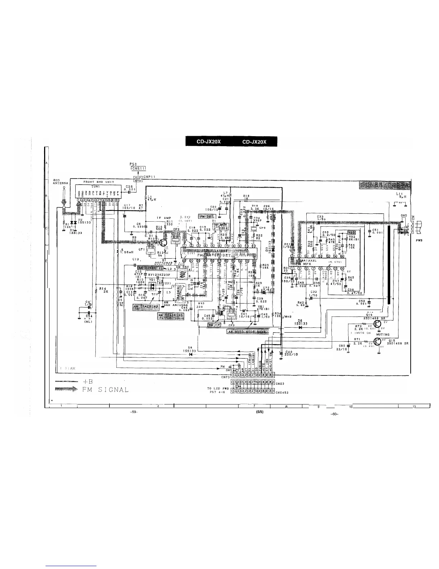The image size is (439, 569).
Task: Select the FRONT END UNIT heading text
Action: point(98,182)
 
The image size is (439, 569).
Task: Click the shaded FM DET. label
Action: point(207,217)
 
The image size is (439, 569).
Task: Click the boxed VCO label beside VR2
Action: point(351,232)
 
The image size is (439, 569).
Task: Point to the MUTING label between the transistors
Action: point(383,334)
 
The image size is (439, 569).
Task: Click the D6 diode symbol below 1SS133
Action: point(300,327)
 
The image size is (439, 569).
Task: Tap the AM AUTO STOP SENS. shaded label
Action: point(247,331)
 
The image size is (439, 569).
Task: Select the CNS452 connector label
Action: point(282,392)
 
